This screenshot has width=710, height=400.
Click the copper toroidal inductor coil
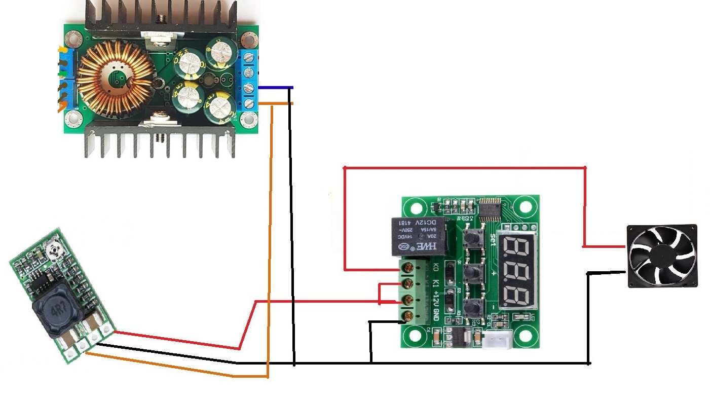pyautogui.click(x=116, y=79)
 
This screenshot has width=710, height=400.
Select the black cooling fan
pyautogui.click(x=662, y=256)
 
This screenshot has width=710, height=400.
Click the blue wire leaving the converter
pyautogui.click(x=276, y=88)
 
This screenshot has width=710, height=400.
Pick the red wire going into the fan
pyautogui.click(x=603, y=246)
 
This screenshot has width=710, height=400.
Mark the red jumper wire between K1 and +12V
pyautogui.click(x=381, y=293)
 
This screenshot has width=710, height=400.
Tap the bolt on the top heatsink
pyautogui.click(x=162, y=19)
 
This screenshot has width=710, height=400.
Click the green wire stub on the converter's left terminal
pyautogui.click(x=61, y=74)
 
